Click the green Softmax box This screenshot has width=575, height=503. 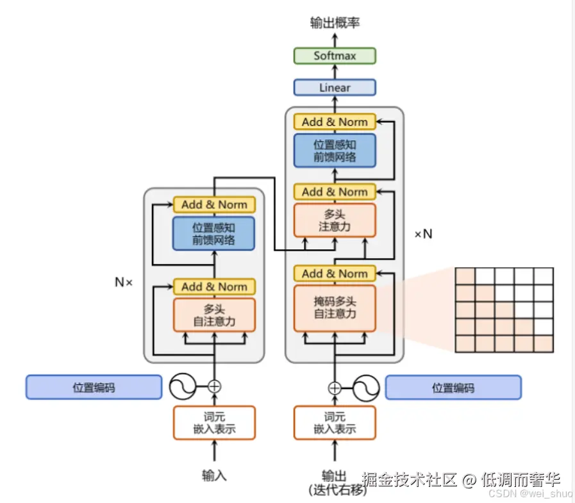click(335, 56)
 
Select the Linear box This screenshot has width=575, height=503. click(335, 87)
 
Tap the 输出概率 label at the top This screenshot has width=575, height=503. click(335, 23)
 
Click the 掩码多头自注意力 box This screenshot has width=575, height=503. click(335, 308)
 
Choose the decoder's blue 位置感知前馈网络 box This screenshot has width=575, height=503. click(335, 151)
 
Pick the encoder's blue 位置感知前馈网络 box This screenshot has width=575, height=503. click(214, 233)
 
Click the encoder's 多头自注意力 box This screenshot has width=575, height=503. click(214, 315)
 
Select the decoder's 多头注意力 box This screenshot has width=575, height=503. click(335, 220)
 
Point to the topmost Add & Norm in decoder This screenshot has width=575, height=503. click(335, 122)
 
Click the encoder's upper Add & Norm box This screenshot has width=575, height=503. click(214, 204)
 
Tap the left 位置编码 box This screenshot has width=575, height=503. click(94, 387)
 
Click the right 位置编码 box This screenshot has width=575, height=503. click(453, 387)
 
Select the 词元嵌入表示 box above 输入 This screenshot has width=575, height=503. click(214, 422)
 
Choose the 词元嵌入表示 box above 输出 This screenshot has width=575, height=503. click(335, 422)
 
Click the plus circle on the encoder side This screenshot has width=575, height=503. click(214, 386)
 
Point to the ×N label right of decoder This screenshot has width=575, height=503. click(423, 234)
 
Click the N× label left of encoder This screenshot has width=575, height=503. click(124, 281)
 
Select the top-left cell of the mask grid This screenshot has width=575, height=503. click(465, 276)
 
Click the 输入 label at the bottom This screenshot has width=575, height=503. click(214, 475)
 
